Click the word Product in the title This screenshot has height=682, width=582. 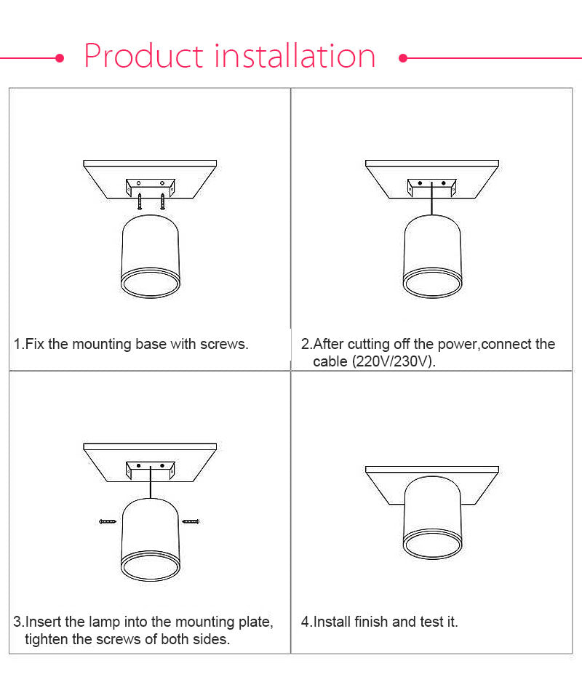143,57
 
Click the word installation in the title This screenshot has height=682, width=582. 295,57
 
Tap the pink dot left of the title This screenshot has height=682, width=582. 60,57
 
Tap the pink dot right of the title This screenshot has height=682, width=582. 403,57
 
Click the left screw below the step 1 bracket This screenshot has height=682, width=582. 139,200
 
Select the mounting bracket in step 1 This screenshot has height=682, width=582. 150,185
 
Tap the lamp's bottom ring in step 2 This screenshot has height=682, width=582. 433,284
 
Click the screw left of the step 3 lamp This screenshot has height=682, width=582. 108,521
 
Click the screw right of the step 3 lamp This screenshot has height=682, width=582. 191,521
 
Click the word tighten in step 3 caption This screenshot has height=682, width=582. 49,640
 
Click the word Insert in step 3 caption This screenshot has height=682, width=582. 44,622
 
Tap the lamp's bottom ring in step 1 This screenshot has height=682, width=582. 150,284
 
